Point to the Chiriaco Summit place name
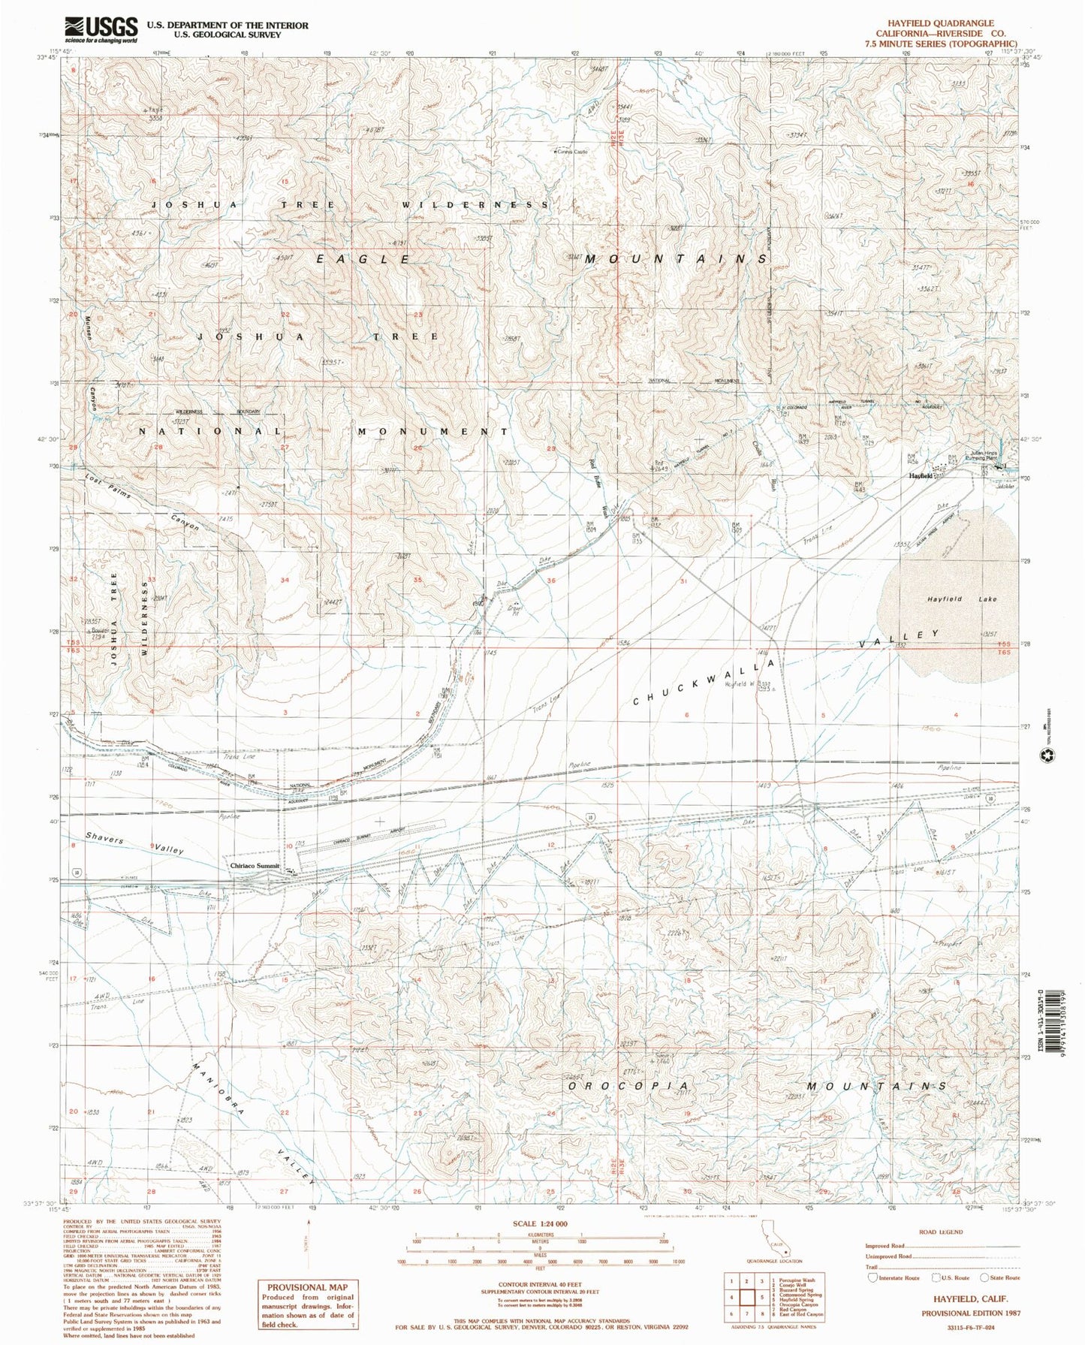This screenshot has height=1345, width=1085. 255,866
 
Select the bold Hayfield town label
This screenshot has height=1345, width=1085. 921,476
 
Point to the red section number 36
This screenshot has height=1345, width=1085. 552,581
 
